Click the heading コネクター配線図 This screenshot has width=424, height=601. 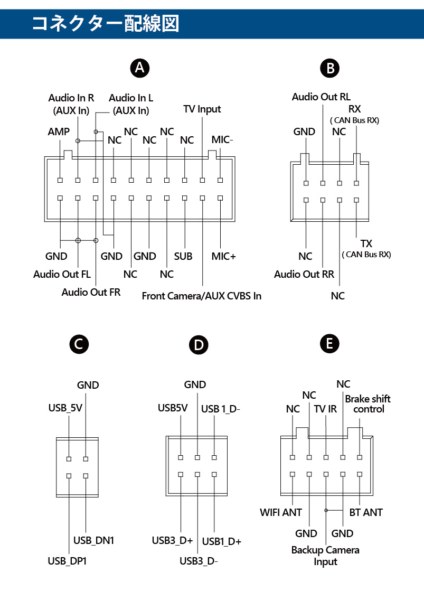point(106,23)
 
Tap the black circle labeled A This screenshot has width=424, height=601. point(140,68)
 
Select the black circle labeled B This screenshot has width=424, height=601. point(331,68)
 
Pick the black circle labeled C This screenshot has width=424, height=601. point(79,344)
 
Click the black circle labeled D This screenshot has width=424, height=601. point(198,345)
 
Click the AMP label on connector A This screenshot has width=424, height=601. point(59,132)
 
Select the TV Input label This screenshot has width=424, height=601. point(202,109)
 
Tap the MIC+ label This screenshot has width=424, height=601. point(223,256)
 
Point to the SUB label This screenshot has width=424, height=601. point(183,256)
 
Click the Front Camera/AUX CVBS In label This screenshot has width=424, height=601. point(202,295)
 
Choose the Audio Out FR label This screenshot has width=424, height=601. point(91,292)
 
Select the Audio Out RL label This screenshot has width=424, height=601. point(321,97)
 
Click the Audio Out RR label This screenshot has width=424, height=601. point(304,274)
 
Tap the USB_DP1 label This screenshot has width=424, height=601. point(67,561)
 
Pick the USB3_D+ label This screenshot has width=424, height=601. point(172,540)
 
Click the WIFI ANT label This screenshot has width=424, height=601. point(281,512)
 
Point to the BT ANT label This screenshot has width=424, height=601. point(366,512)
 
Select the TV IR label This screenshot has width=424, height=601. point(325,409)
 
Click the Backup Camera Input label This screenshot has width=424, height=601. point(325,556)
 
